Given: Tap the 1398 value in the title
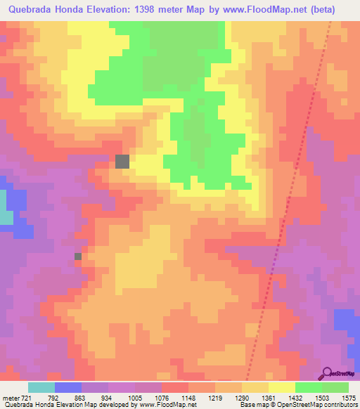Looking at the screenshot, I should tap(143, 10).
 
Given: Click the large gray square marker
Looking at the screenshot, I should tap(123, 161).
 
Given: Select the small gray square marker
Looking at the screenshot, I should tap(78, 257).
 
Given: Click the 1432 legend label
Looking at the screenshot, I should tap(295, 398).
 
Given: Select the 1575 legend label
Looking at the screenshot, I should tap(349, 398).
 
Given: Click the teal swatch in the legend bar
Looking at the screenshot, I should tap(41, 387).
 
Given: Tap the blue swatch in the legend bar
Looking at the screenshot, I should tap(68, 387).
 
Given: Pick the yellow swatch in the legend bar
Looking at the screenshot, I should tap(282, 387).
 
